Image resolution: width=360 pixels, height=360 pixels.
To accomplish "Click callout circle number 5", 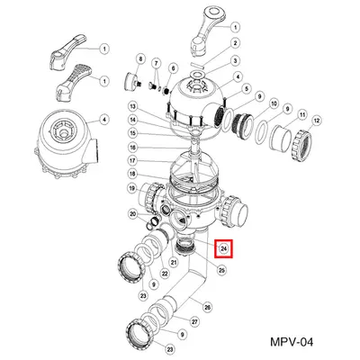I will pos(244,88).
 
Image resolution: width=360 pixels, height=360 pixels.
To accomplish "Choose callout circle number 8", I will pos(139,59).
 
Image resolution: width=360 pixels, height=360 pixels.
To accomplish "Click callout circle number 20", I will pos(132,214).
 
